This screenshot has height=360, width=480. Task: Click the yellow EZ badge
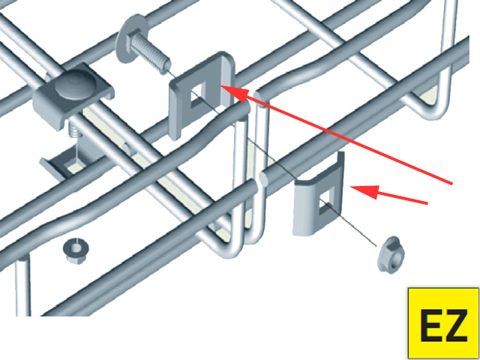coord(443,323)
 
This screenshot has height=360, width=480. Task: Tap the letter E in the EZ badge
coord(431,325)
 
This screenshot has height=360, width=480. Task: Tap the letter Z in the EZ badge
coord(457,325)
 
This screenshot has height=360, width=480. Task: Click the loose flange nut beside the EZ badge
coord(391,254)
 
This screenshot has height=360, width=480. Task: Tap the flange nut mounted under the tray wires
coord(74,252)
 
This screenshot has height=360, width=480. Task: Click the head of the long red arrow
coord(232,91)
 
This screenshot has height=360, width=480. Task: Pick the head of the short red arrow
coord(364,191)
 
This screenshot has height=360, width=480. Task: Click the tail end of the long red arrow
coord(452,183)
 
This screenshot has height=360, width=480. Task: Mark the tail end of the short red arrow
coord(427,203)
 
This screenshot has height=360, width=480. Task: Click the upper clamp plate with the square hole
coord(202,95)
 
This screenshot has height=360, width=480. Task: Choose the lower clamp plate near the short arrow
coord(318,196)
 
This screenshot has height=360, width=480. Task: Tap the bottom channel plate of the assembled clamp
coord(64,162)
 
